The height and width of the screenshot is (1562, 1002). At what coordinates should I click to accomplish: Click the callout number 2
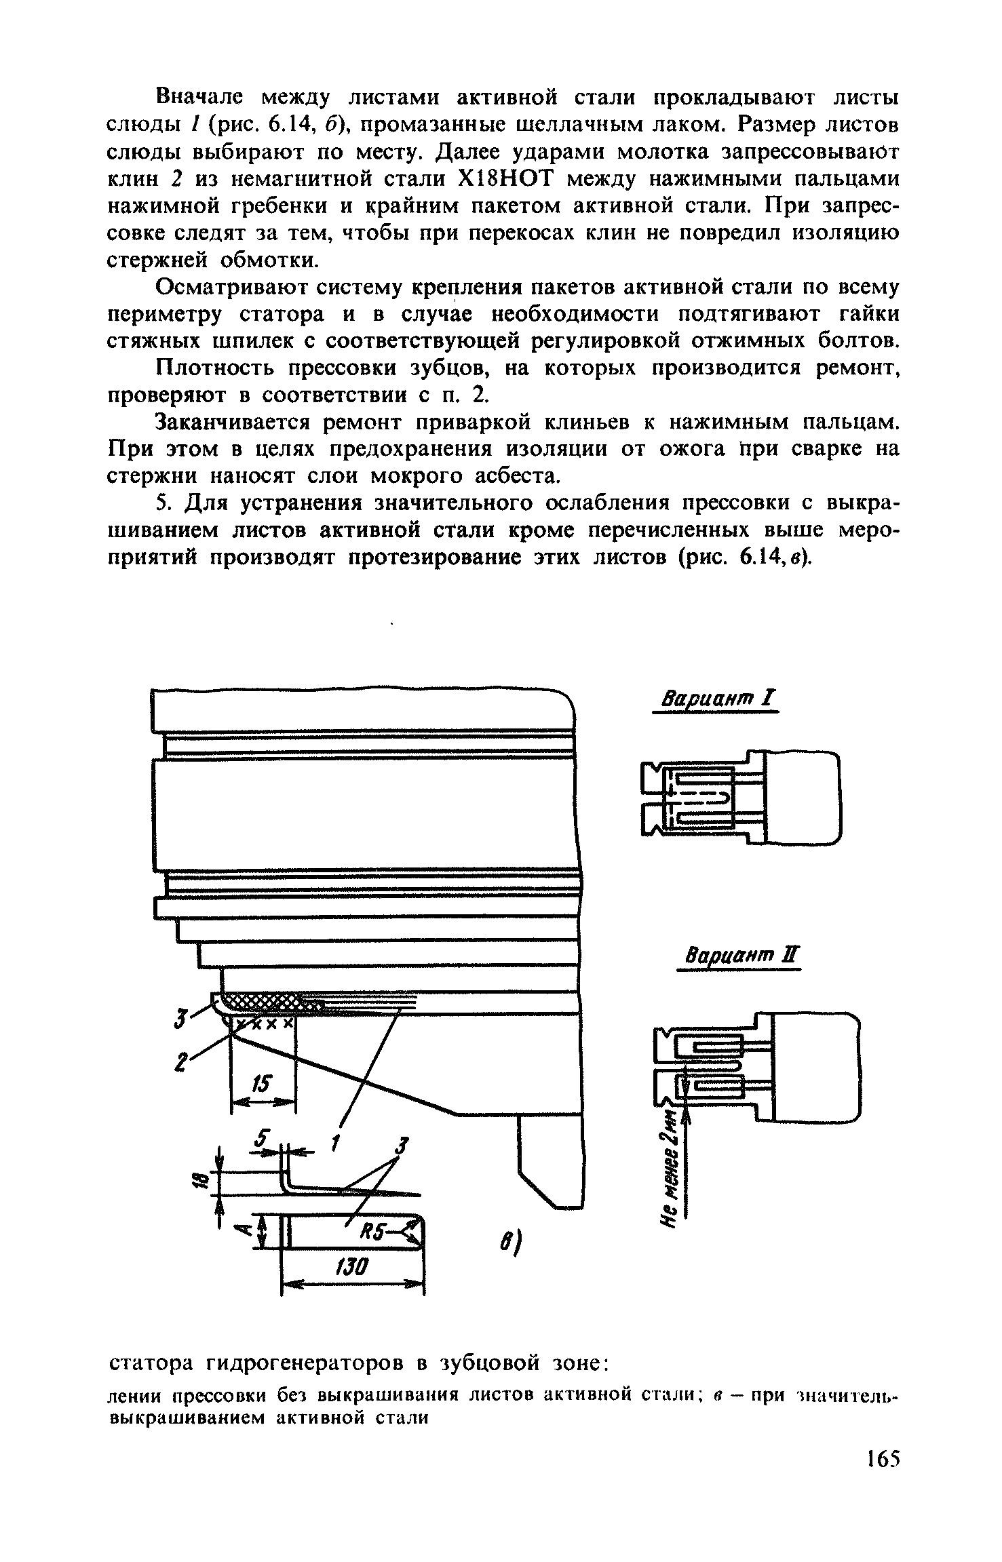(x=180, y=1063)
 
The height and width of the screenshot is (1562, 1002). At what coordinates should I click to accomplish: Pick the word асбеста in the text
(x=512, y=476)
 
